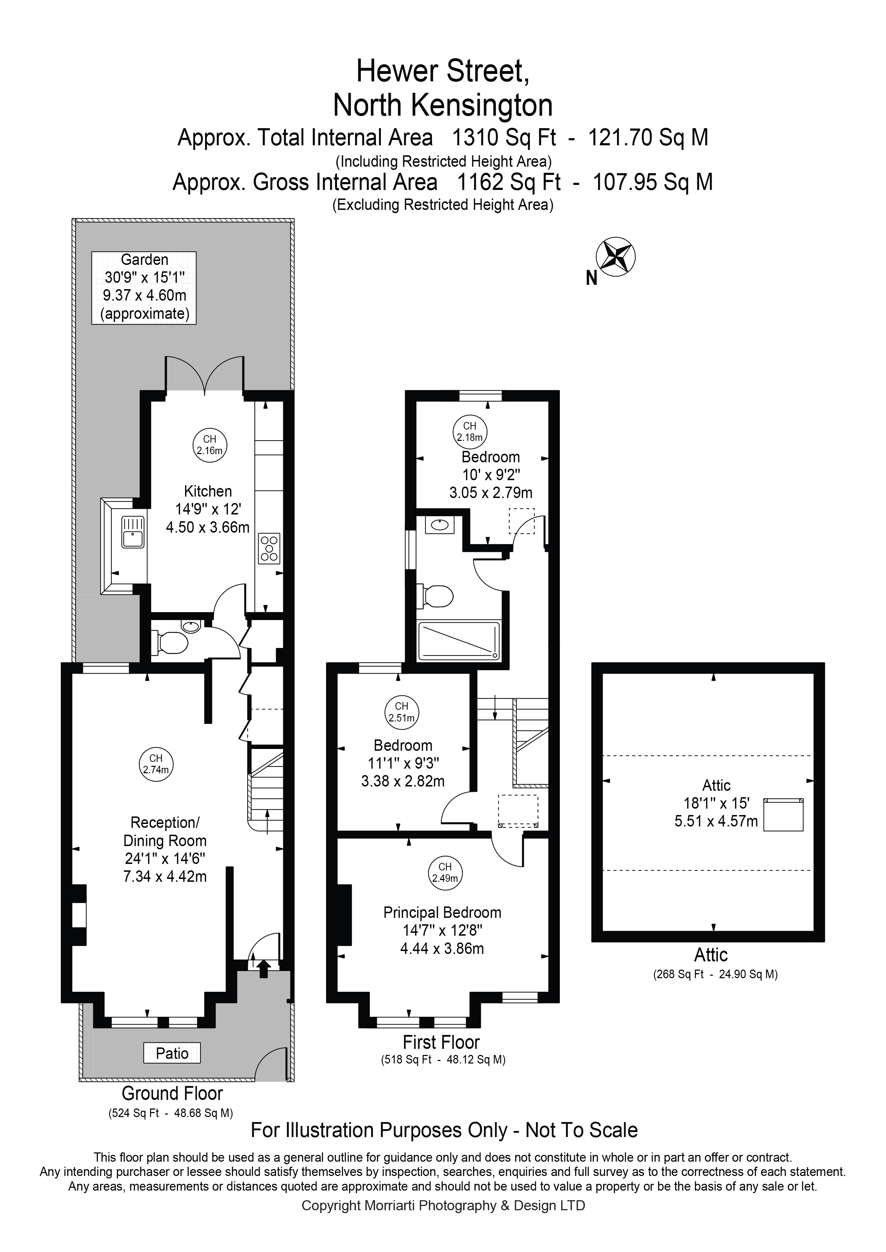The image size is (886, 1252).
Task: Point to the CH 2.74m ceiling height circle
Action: point(155,764)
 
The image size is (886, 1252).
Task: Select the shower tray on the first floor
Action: point(458,641)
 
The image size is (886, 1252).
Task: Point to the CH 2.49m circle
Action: point(445,873)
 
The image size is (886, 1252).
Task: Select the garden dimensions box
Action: point(144,288)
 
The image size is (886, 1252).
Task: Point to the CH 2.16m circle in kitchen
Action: point(209,445)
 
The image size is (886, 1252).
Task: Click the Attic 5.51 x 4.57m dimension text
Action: point(716,821)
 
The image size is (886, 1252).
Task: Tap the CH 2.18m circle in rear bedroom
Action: point(469,431)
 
